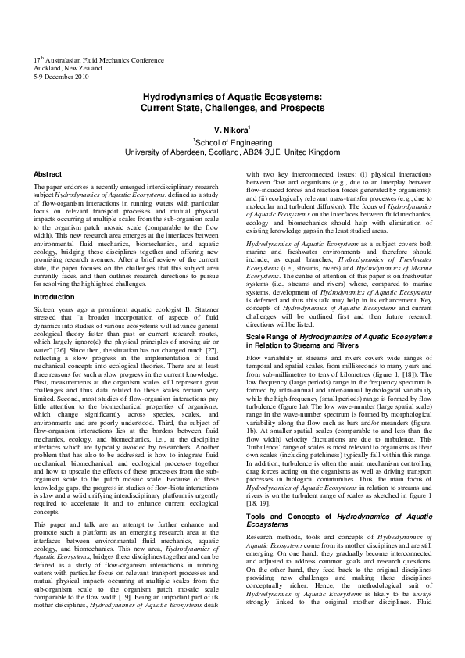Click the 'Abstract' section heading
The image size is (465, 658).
pyautogui.click(x=48, y=173)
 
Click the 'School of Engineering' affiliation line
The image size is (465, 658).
pyautogui.click(x=232, y=142)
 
